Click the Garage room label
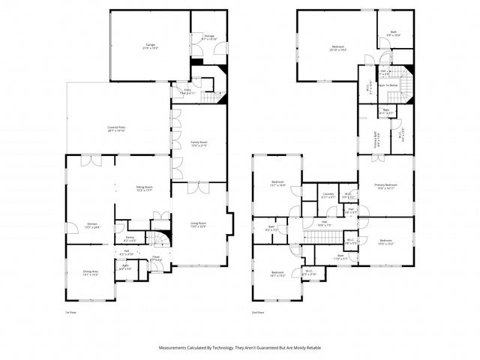click(x=151, y=46)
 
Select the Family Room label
click(x=198, y=142)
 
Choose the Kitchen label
click(x=92, y=224)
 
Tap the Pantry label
click(x=129, y=239)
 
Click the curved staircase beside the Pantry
click(x=156, y=240)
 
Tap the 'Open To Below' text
click(x=388, y=85)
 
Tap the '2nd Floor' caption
click(x=259, y=313)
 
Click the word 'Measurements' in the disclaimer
click(x=175, y=348)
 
